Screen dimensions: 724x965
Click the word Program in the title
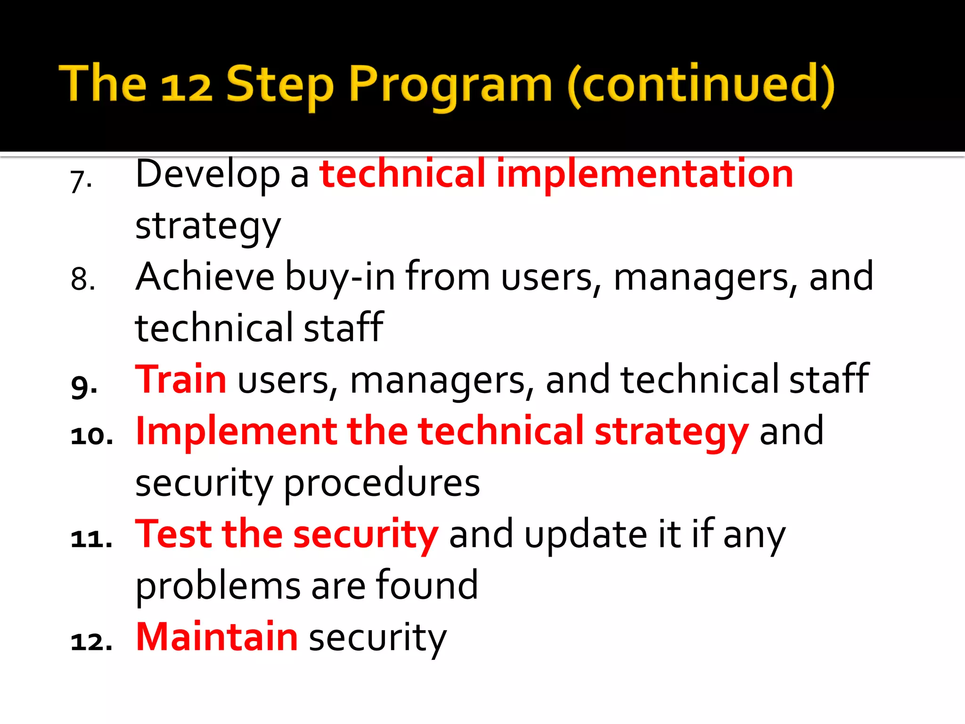tap(450, 85)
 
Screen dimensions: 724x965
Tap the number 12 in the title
tap(186, 87)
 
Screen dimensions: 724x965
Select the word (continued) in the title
tap(701, 85)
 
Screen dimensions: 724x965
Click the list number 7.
tap(81, 181)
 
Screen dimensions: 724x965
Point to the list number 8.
tap(83, 279)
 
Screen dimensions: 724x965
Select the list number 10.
tap(92, 436)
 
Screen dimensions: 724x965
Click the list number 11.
tap(92, 539)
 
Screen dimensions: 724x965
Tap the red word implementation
tap(645, 174)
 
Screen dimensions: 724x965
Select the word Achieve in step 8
tap(205, 277)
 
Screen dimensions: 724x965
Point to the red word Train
tap(181, 380)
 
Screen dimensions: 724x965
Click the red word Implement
tap(236, 432)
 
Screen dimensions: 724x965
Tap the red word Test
tap(173, 535)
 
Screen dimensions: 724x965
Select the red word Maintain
tap(217, 637)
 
